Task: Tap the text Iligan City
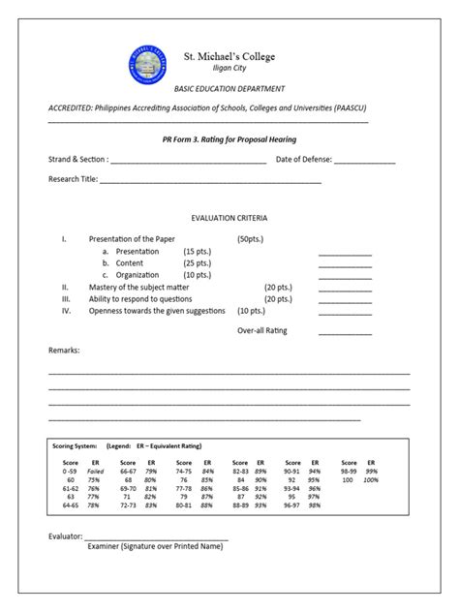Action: click(x=229, y=69)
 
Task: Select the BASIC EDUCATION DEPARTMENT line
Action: click(x=229, y=88)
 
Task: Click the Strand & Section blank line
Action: click(x=189, y=162)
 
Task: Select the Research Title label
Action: click(x=74, y=179)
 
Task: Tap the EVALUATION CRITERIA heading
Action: click(x=229, y=219)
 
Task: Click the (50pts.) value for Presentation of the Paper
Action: click(x=250, y=238)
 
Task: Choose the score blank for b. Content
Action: click(x=345, y=265)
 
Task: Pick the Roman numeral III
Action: click(x=66, y=299)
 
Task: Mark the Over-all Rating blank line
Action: click(x=345, y=333)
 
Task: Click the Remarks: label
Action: click(x=64, y=350)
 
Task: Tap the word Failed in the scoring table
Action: click(x=95, y=471)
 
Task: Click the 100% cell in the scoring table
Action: click(x=371, y=479)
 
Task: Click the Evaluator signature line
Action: click(x=156, y=537)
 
